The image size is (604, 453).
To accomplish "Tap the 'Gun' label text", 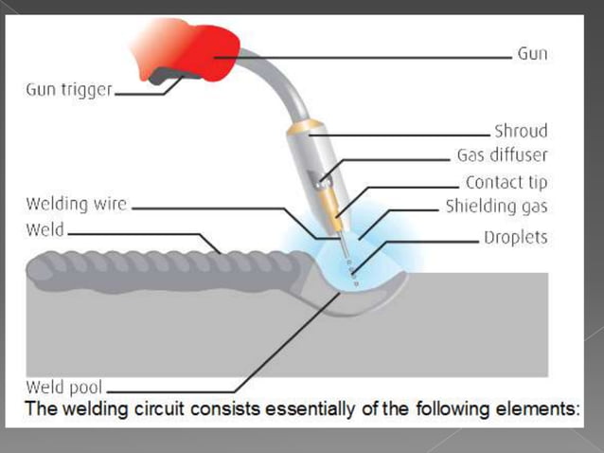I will tap(532, 54).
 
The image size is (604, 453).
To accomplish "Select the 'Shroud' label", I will tap(521, 132).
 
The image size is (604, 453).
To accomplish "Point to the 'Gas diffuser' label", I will tap(503, 156).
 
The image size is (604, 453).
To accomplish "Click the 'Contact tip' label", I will tap(506, 182).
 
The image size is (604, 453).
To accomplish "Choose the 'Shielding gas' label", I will tap(497, 207).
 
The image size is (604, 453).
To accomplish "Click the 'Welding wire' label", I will tap(77, 204).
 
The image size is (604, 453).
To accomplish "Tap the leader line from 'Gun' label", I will tap(379, 57).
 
